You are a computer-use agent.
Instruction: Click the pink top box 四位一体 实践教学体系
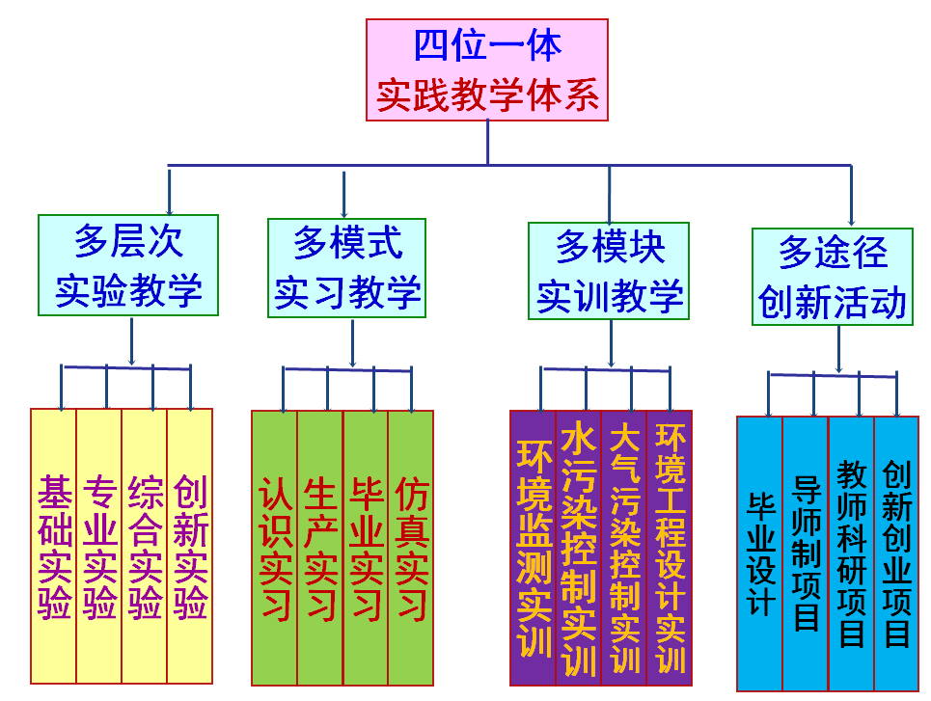pos(487,70)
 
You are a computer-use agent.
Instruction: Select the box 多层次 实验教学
pos(128,265)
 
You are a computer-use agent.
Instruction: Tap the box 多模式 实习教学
pos(347,267)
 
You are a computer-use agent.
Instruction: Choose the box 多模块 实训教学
pos(609,271)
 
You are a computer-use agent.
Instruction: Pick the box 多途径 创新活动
pos(832,277)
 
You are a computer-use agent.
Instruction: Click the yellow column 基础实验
pos(54,546)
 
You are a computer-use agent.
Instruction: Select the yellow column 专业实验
pos(99,546)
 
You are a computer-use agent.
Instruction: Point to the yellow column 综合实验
pos(145,546)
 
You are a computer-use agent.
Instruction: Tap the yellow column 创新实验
pos(190,546)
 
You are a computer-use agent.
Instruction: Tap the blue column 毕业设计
pos(760,553)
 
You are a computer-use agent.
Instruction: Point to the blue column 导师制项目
pos(806,553)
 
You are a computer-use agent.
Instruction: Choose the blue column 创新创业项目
pos(896,553)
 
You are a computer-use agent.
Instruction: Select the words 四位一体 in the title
pos(487,45)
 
